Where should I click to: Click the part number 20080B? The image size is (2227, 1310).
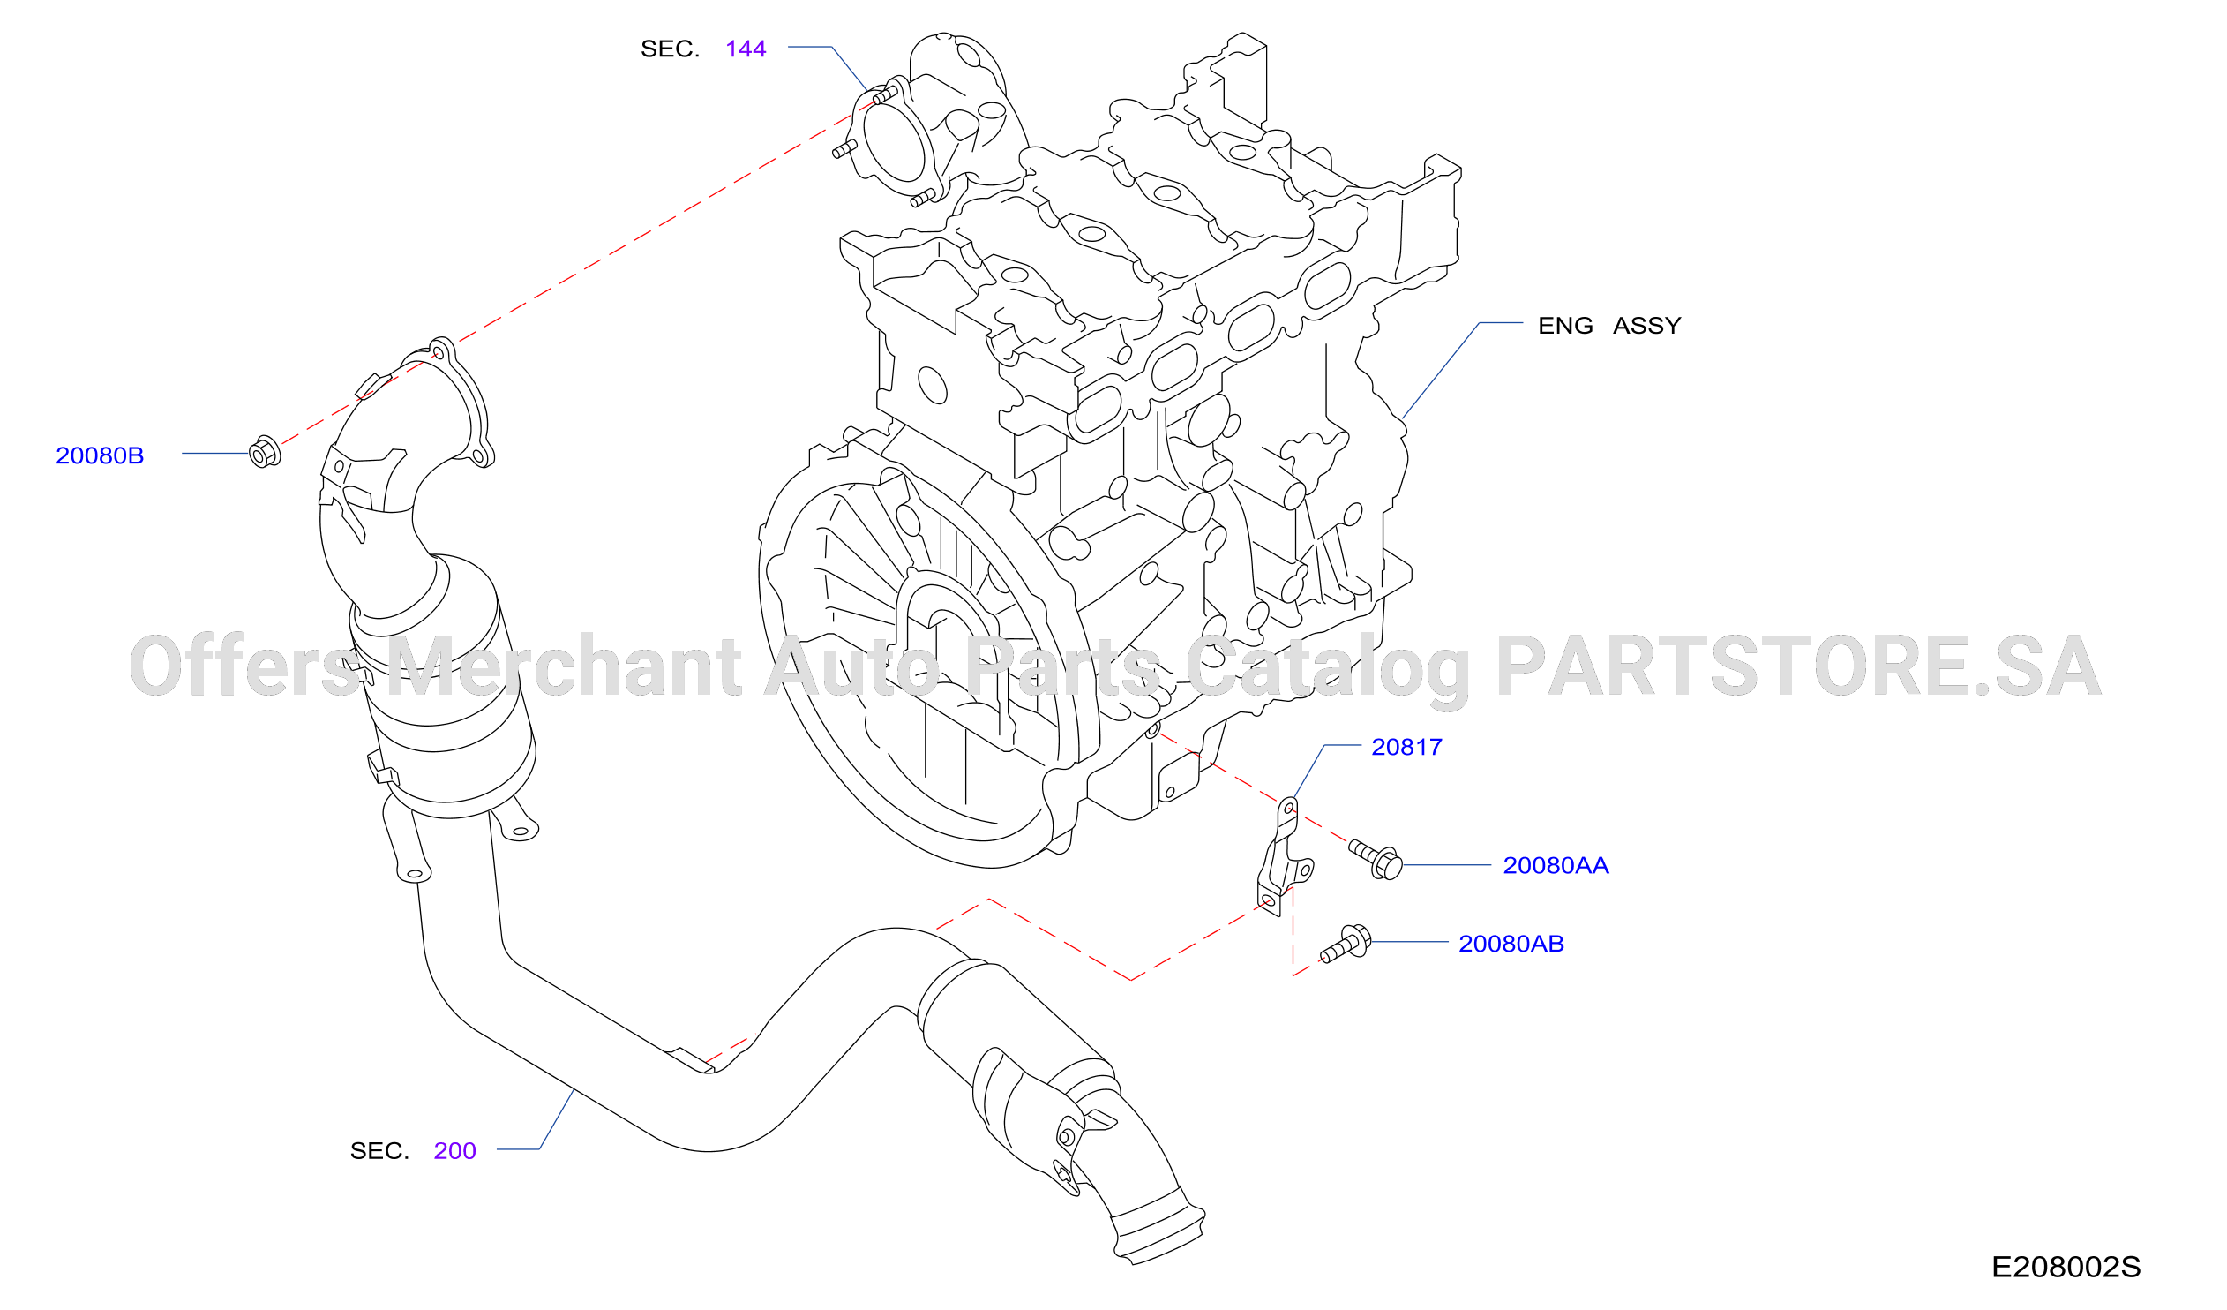point(100,456)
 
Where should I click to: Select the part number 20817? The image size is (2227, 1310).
point(1406,748)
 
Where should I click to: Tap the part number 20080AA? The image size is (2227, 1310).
point(1556,866)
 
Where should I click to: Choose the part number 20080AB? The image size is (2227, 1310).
point(1511,945)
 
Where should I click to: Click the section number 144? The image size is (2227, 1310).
point(745,49)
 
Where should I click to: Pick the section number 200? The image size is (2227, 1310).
point(454,1152)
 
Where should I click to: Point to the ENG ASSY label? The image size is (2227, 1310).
point(1609,326)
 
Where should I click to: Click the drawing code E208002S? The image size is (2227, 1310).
point(2066,1268)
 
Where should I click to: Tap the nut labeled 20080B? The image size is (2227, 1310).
point(264,453)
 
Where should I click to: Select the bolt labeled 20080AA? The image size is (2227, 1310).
point(1375,858)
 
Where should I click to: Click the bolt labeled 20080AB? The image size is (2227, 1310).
point(1345,944)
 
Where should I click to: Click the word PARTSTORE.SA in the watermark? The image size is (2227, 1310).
point(1797,666)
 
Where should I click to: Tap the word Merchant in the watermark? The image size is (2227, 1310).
point(564,666)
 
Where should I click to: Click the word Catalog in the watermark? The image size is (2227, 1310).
point(1327,670)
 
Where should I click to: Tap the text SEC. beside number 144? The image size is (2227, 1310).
point(670,49)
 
